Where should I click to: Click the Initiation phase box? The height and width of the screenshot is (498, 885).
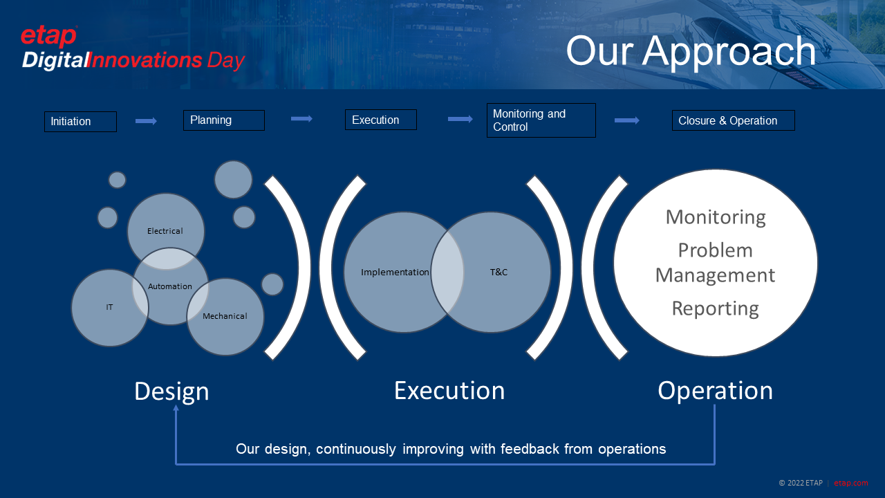(x=80, y=122)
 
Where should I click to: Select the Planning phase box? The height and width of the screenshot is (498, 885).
(x=223, y=120)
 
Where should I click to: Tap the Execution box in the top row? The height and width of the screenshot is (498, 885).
(x=380, y=120)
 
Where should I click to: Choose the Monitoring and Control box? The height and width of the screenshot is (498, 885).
(x=541, y=120)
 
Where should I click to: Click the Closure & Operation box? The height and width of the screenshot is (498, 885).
(x=733, y=120)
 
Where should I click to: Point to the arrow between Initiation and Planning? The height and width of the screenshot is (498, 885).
(x=146, y=121)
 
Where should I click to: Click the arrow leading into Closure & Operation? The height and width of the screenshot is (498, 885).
(x=626, y=120)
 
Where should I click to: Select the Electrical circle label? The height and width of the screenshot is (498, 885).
(x=165, y=231)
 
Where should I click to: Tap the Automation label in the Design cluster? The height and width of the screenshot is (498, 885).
(x=170, y=286)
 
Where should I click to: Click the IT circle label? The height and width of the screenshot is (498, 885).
(x=109, y=307)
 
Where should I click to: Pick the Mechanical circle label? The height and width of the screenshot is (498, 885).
(x=225, y=316)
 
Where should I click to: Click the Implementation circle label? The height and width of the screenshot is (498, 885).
(x=395, y=273)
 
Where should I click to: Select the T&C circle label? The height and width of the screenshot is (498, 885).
(x=499, y=273)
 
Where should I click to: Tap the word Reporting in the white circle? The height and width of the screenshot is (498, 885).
(x=715, y=308)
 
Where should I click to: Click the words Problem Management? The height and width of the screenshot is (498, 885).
(x=715, y=263)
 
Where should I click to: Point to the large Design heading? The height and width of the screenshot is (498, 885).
(x=171, y=391)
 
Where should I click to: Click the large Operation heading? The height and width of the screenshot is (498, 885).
(x=715, y=391)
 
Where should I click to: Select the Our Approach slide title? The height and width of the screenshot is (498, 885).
(x=691, y=51)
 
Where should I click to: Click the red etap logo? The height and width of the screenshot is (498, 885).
(x=48, y=37)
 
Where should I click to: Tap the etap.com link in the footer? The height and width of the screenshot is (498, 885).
(x=850, y=483)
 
